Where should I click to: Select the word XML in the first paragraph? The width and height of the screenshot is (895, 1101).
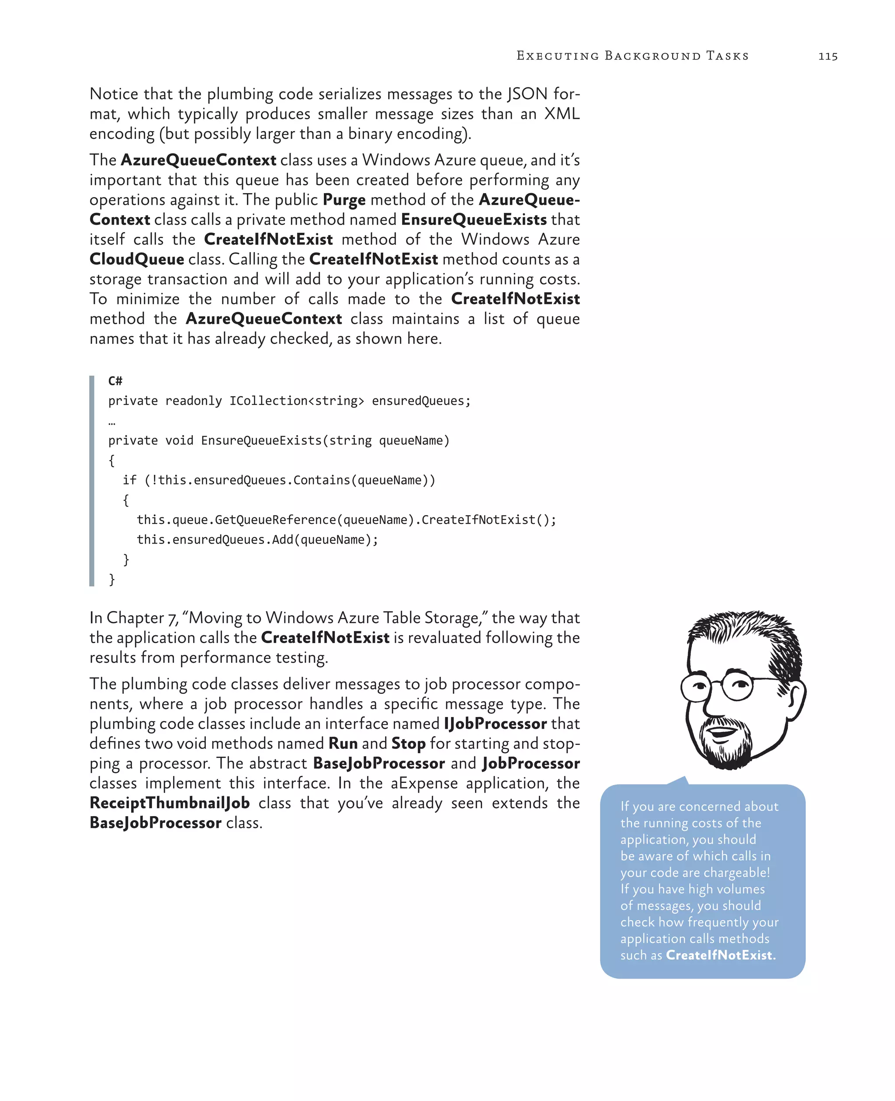562,114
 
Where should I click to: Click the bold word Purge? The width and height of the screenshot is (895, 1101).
344,200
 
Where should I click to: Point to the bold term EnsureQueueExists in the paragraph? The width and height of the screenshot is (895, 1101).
474,220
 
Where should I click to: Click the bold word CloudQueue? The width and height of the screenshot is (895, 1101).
137,259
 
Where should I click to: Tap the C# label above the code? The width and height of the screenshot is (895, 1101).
115,381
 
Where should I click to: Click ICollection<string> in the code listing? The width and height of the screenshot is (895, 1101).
296,401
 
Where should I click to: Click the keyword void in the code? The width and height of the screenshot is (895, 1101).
180,441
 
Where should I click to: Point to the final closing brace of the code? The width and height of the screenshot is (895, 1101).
112,579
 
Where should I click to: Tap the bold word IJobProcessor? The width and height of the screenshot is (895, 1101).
495,724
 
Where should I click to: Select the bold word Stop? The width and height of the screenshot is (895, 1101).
408,744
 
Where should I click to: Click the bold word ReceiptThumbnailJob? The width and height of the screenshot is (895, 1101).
170,803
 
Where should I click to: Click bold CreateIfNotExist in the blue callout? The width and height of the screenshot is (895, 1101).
720,955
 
